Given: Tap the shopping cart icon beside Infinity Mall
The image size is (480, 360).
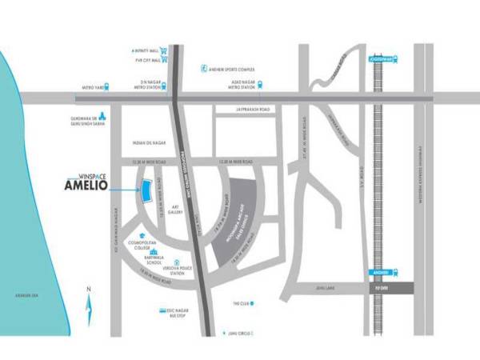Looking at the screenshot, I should tap(163, 50).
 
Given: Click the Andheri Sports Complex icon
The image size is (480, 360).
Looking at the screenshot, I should tap(204, 69).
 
